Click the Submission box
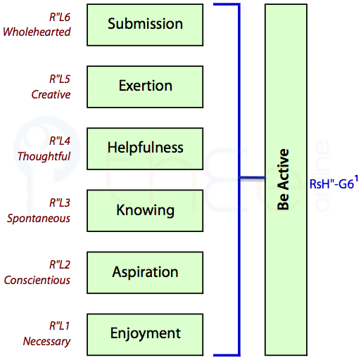[145, 25]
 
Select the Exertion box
[145, 86]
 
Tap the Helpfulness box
[145, 148]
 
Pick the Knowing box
[145, 210]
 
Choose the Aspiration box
[145, 272]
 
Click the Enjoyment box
[145, 334]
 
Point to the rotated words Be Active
[283, 179]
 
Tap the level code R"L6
[60, 17]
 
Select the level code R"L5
[60, 79]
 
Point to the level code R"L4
[60, 141]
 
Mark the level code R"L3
[60, 202]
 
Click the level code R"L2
[60, 264]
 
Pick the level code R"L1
[60, 326]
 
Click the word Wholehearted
[37, 32]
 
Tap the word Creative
[51, 94]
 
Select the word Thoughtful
[44, 156]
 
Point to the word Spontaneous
[39, 219]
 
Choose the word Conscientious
[37, 280]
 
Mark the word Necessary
[46, 342]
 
